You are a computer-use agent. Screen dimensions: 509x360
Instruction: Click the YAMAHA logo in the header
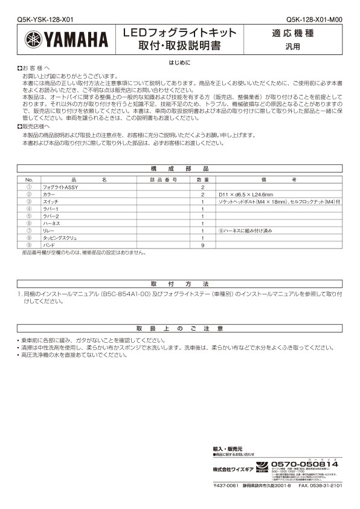point(66,40)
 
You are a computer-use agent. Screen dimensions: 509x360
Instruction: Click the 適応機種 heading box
point(300,33)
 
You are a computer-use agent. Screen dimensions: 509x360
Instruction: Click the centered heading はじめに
point(179,62)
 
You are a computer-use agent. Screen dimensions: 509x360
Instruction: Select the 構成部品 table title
point(179,170)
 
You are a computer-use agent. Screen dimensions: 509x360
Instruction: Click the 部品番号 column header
point(163,180)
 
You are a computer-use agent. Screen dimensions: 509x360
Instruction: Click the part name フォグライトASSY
point(60,187)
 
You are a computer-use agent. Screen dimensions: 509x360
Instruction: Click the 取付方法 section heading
point(179,284)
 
